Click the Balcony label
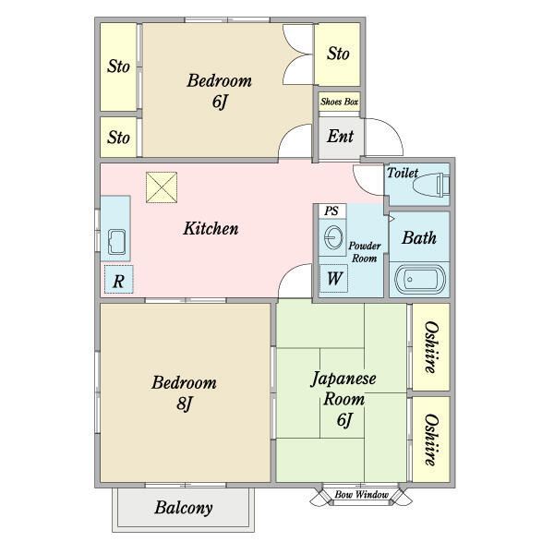[x=184, y=508]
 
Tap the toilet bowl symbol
[x=431, y=185]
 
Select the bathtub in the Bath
[x=420, y=280]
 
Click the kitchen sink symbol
[x=116, y=242]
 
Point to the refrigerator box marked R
[x=119, y=279]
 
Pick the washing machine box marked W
[x=334, y=278]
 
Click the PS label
[x=331, y=211]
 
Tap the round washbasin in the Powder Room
[x=333, y=237]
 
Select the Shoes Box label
[x=339, y=102]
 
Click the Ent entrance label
[x=340, y=136]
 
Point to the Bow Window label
[x=361, y=495]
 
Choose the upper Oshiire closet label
[x=431, y=347]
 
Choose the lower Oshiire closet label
[x=431, y=440]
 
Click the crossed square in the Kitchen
[x=162, y=187]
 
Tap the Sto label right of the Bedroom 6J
[x=338, y=54]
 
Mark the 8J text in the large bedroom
[x=184, y=403]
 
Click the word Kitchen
[x=211, y=228]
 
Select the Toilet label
[x=403, y=173]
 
